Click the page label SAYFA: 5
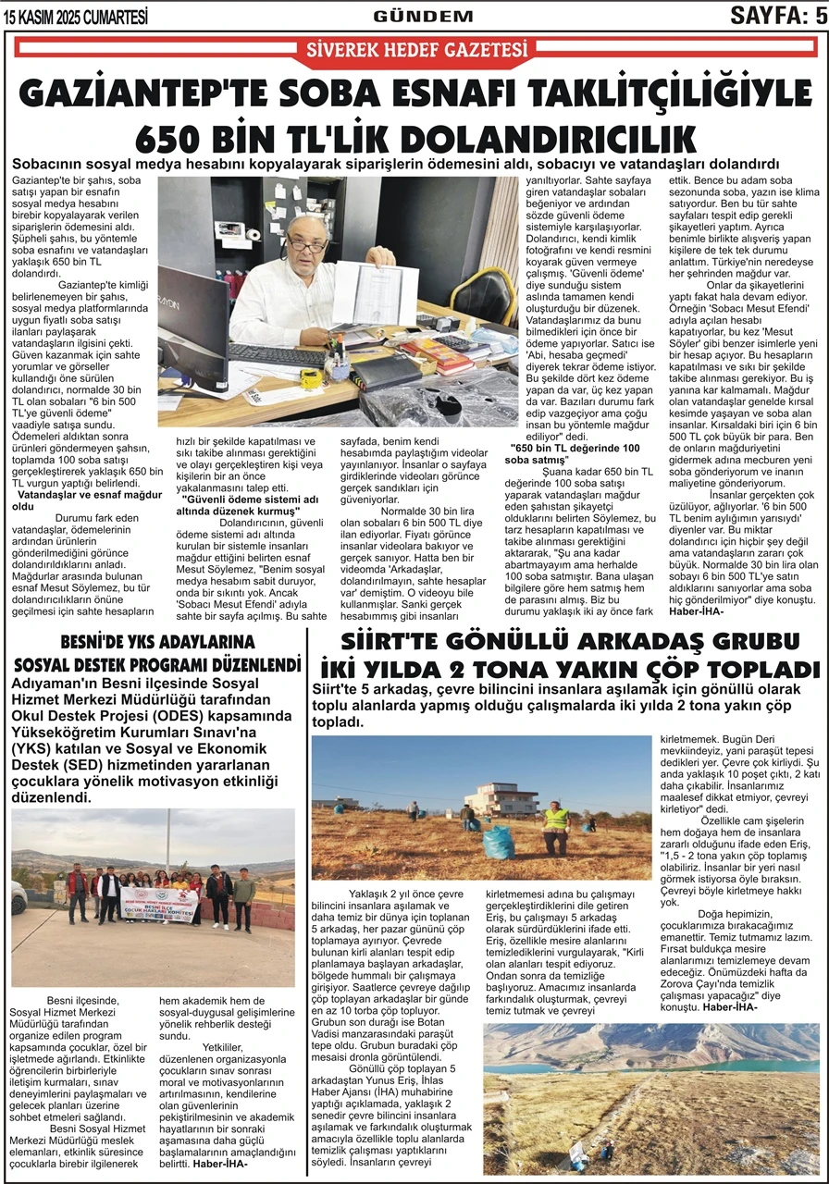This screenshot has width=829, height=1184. pyautogui.click(x=777, y=15)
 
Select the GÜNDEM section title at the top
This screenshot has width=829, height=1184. pyautogui.click(x=423, y=16)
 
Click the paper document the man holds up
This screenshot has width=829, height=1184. pyautogui.click(x=375, y=294)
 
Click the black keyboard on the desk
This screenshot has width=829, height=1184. pyautogui.click(x=278, y=354)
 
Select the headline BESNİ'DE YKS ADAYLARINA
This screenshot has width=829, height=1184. pyautogui.click(x=156, y=641)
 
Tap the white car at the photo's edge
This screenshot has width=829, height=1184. pyautogui.click(x=19, y=895)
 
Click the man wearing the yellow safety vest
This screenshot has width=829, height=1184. pyautogui.click(x=555, y=826)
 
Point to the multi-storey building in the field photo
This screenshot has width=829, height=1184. pyautogui.click(x=502, y=798)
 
